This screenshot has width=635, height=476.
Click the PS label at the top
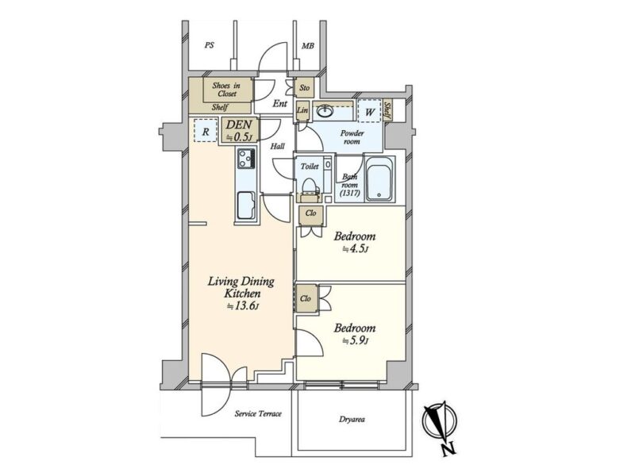pyautogui.click(x=209, y=45)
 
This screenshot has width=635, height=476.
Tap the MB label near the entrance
pyautogui.click(x=308, y=46)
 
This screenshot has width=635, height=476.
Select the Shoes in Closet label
pyautogui.click(x=227, y=90)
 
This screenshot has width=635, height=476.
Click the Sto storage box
pyautogui.click(x=304, y=88)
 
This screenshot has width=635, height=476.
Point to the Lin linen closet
pyautogui.click(x=302, y=110)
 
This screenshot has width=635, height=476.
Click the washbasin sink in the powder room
pyautogui.click(x=325, y=110)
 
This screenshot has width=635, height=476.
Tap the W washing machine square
pyautogui.click(x=369, y=110)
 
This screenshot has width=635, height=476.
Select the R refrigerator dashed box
pyautogui.click(x=206, y=130)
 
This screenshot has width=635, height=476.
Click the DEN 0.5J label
pyautogui.click(x=240, y=131)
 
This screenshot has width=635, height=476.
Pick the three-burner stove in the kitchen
pyautogui.click(x=246, y=158)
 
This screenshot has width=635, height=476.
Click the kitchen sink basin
pyautogui.click(x=246, y=205)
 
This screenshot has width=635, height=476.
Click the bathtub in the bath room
pyautogui.click(x=379, y=179)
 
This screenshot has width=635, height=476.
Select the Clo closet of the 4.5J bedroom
pyautogui.click(x=311, y=215)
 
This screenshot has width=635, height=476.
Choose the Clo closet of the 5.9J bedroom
pyautogui.click(x=306, y=298)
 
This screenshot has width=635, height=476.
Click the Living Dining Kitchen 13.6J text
pyautogui.click(x=241, y=293)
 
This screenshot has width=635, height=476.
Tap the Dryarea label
pyautogui.click(x=352, y=420)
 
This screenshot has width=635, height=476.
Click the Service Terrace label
pyautogui.click(x=258, y=413)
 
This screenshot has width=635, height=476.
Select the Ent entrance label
pyautogui.click(x=280, y=104)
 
